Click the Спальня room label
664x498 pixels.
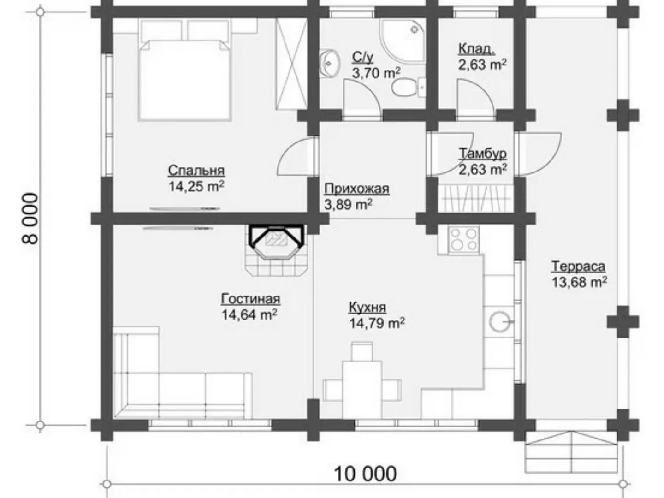(196, 171)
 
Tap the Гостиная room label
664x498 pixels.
(250, 299)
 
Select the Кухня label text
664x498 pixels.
(367, 307)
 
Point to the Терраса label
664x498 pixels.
(578, 267)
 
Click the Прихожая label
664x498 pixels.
(356, 189)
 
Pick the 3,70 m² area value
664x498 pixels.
(376, 73)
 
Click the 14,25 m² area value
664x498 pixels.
(196, 186)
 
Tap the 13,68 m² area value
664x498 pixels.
(579, 282)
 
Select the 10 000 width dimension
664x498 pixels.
(365, 474)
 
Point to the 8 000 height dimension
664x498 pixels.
(30, 218)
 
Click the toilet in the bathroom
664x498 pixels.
(409, 88)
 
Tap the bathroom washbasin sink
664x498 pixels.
(330, 64)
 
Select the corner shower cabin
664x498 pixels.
(403, 41)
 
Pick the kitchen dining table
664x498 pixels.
(362, 390)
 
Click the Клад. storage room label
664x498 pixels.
(477, 49)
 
